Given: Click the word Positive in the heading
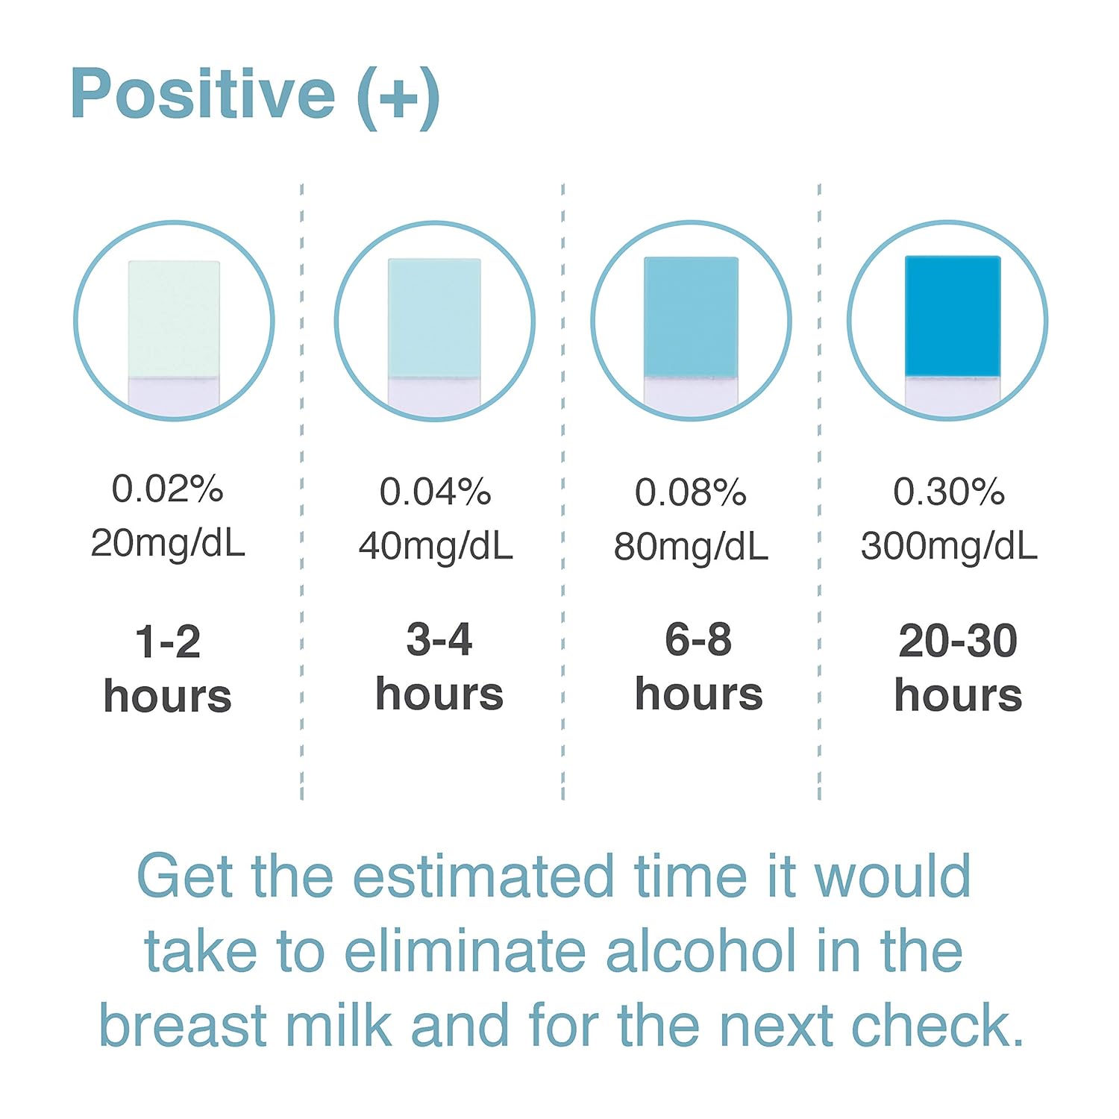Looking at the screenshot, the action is click(x=203, y=94).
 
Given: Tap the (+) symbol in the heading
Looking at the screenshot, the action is click(x=398, y=97).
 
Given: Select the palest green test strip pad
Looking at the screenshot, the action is click(x=174, y=319).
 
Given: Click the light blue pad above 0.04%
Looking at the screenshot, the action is click(x=434, y=318).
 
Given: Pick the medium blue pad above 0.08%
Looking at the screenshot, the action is click(x=691, y=316).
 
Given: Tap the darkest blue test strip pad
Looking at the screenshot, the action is click(x=953, y=316).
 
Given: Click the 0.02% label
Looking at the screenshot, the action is click(x=167, y=489).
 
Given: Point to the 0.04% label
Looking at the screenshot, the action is click(x=435, y=492).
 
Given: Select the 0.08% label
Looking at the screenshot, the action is click(x=690, y=492).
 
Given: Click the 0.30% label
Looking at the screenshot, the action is click(x=949, y=492).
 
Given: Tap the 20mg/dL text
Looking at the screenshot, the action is click(x=168, y=543).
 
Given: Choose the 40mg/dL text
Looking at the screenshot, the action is click(x=436, y=546).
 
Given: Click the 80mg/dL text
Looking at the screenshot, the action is click(x=691, y=547).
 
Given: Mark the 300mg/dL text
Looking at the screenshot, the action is click(x=949, y=546).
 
